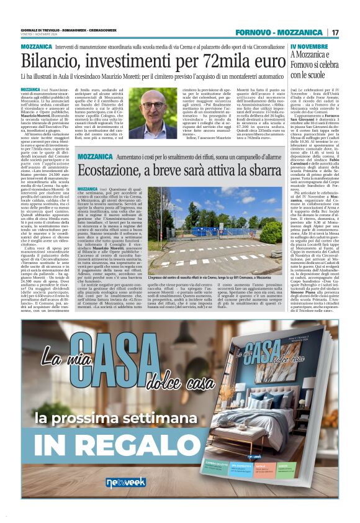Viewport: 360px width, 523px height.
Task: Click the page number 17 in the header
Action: (x=335, y=32)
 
